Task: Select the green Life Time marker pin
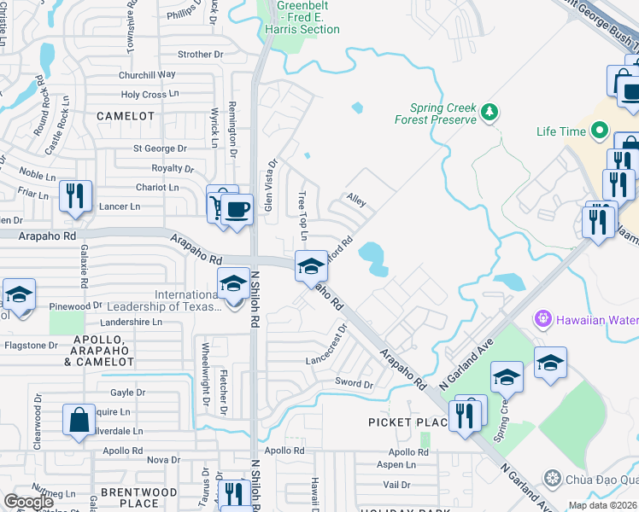click(600, 131)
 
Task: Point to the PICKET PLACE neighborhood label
click(408, 422)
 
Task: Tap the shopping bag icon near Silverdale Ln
click(79, 422)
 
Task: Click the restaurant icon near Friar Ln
click(75, 196)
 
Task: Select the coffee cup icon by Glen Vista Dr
click(237, 209)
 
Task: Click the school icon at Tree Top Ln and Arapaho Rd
click(311, 266)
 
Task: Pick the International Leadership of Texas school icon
click(233, 284)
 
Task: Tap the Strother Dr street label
click(200, 55)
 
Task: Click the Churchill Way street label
click(148, 75)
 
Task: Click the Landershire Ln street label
click(131, 322)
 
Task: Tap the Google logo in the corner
click(28, 502)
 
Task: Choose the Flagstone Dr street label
click(31, 346)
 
